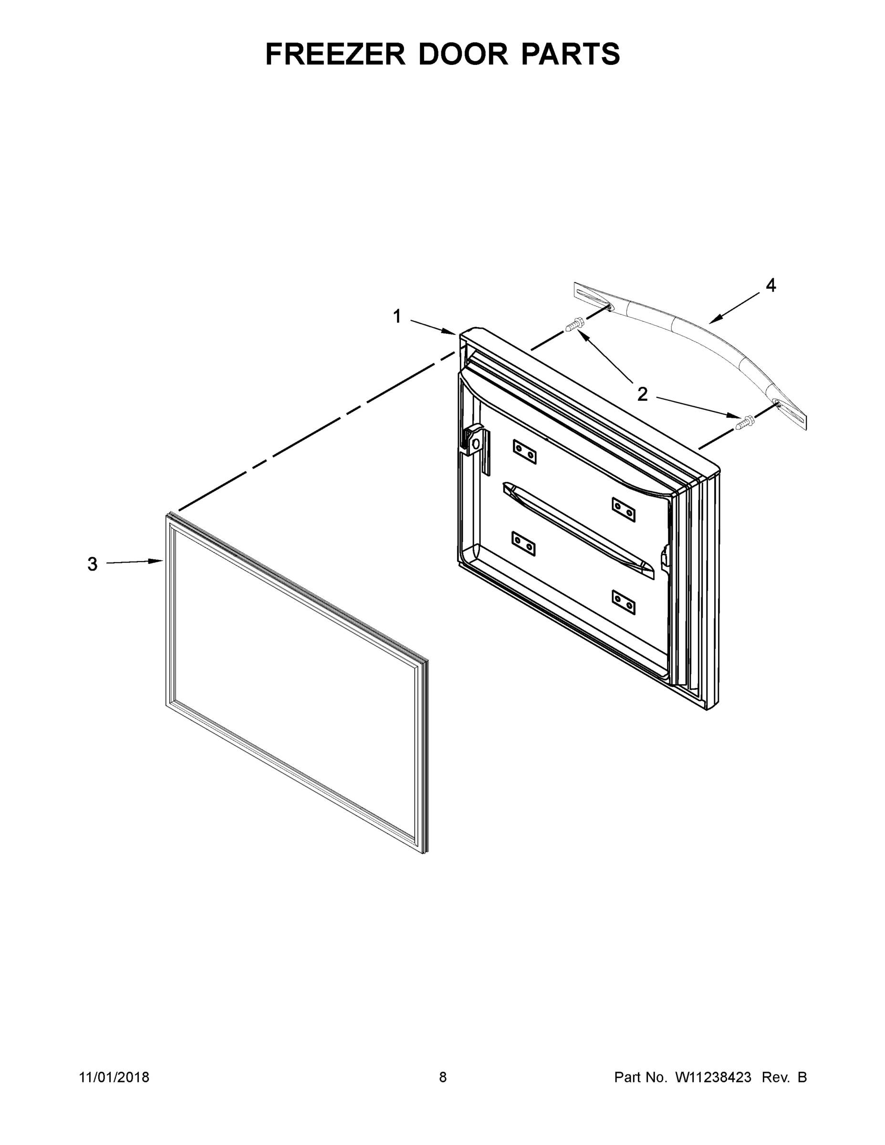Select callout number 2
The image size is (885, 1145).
[642, 394]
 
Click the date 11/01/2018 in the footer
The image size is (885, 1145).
[115, 1077]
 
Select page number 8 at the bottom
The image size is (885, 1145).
[443, 1077]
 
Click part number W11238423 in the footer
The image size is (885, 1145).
[713, 1077]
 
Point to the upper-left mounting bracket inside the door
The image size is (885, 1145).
[524, 451]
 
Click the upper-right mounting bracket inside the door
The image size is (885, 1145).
[624, 510]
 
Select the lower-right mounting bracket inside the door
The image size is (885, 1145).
[624, 603]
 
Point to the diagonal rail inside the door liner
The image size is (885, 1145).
[577, 530]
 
